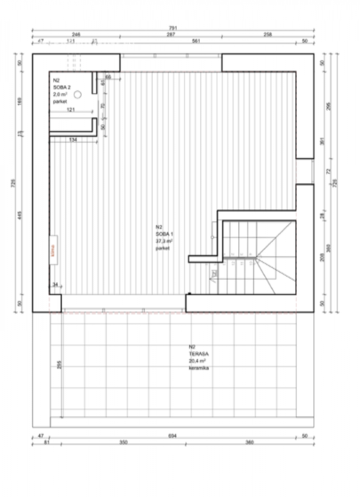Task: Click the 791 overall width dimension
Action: pyautogui.click(x=173, y=28)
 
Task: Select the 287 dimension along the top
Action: pyautogui.click(x=171, y=35)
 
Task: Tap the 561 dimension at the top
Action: pyautogui.click(x=196, y=41)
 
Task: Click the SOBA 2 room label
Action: pyautogui.click(x=61, y=88)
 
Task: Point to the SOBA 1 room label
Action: pyautogui.click(x=164, y=234)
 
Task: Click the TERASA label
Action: pyautogui.click(x=198, y=354)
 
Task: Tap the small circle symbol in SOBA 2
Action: pyautogui.click(x=78, y=94)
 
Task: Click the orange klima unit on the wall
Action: pyautogui.click(x=54, y=250)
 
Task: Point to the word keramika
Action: pyautogui.click(x=199, y=368)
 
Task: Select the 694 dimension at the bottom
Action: pyautogui.click(x=173, y=436)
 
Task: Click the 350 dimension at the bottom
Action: pyautogui.click(x=123, y=443)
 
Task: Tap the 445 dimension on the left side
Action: pyautogui.click(x=20, y=215)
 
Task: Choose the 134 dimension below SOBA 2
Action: pyautogui.click(x=73, y=140)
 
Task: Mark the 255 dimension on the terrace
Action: pyautogui.click(x=59, y=365)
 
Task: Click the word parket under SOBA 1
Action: pyautogui.click(x=163, y=248)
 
